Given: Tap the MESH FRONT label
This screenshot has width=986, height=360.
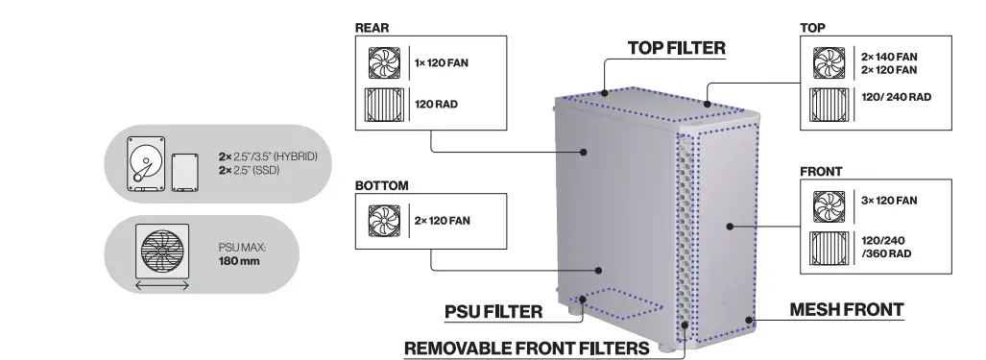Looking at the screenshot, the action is pyautogui.click(x=846, y=309).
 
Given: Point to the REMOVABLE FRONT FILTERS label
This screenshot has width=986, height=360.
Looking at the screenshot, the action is pyautogui.click(x=526, y=347).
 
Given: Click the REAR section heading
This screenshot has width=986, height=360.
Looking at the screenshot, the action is pyautogui.click(x=372, y=28).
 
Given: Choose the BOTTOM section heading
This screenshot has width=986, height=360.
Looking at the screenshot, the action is pyautogui.click(x=381, y=184).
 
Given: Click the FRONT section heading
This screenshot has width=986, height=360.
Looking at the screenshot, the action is pyautogui.click(x=821, y=172).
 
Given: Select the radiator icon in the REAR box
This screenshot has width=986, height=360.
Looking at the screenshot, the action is pyautogui.click(x=387, y=106).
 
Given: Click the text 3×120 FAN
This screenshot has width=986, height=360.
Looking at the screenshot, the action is pyautogui.click(x=890, y=201).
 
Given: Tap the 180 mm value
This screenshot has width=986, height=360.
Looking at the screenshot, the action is pyautogui.click(x=238, y=260).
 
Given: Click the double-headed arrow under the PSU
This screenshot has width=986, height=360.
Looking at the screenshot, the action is pyautogui.click(x=163, y=285).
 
